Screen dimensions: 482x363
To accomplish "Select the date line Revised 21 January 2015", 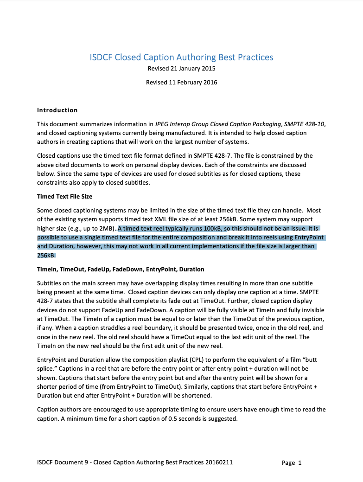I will (x=181, y=69).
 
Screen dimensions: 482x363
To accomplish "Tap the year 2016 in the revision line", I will (x=209, y=83).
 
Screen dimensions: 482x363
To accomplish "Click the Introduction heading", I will (x=57, y=110).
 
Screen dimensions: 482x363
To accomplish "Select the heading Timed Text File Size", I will (x=64, y=197).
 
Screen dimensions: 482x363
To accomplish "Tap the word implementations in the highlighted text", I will (x=198, y=246).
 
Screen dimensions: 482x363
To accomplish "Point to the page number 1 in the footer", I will (x=300, y=463).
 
